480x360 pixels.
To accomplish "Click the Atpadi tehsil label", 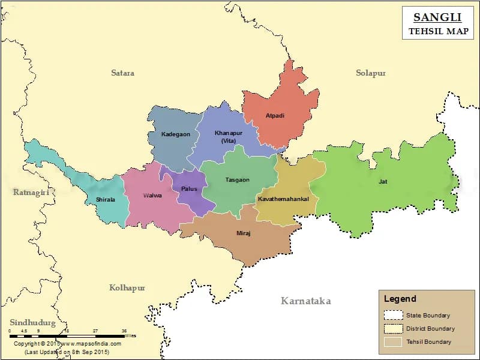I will point(275,115).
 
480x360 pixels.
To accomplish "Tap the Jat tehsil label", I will point(382,181).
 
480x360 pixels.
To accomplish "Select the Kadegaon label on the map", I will point(176,134).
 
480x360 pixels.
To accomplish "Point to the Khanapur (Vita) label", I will point(228,137).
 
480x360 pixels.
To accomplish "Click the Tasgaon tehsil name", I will point(237,180).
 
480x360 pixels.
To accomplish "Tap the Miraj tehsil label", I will point(243,233).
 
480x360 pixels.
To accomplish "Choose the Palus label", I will point(189,189).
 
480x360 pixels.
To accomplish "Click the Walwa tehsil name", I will point(152,196).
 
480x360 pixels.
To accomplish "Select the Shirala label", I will point(105,199).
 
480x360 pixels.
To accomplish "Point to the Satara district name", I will point(122,73).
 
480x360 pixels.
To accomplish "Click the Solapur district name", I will point(370,73).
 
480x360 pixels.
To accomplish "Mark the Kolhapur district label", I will point(127,288).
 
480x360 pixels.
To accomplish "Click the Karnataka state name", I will point(306,301).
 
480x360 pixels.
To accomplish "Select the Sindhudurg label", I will point(32,323).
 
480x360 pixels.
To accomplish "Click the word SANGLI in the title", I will point(437,17).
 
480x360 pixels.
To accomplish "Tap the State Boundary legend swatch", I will point(393,315).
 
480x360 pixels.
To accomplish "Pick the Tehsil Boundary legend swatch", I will point(393,342).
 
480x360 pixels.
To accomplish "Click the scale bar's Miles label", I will point(131,335).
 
